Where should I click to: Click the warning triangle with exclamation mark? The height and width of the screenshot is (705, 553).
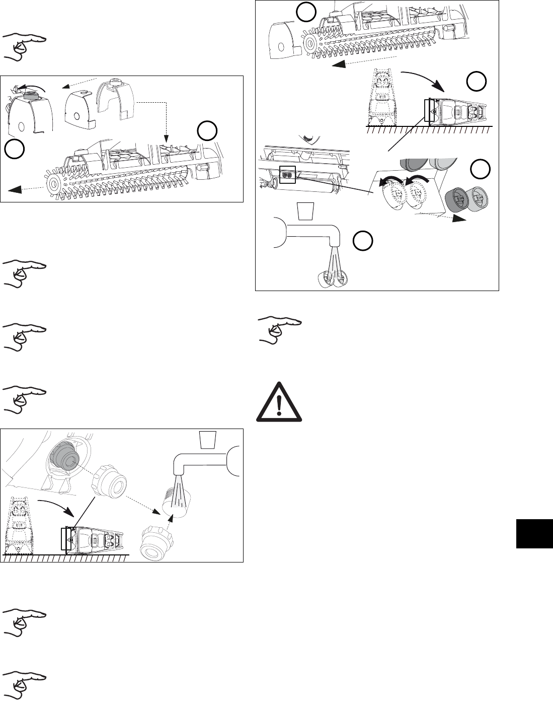[x=279, y=401]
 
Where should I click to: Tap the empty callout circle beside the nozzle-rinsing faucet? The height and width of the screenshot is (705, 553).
[x=362, y=241]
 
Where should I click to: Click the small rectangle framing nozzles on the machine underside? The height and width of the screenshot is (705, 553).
[x=286, y=175]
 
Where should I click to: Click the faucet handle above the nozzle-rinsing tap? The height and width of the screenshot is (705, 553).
[x=306, y=210]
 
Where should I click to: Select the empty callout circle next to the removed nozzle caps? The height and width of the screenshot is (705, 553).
[x=480, y=169]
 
